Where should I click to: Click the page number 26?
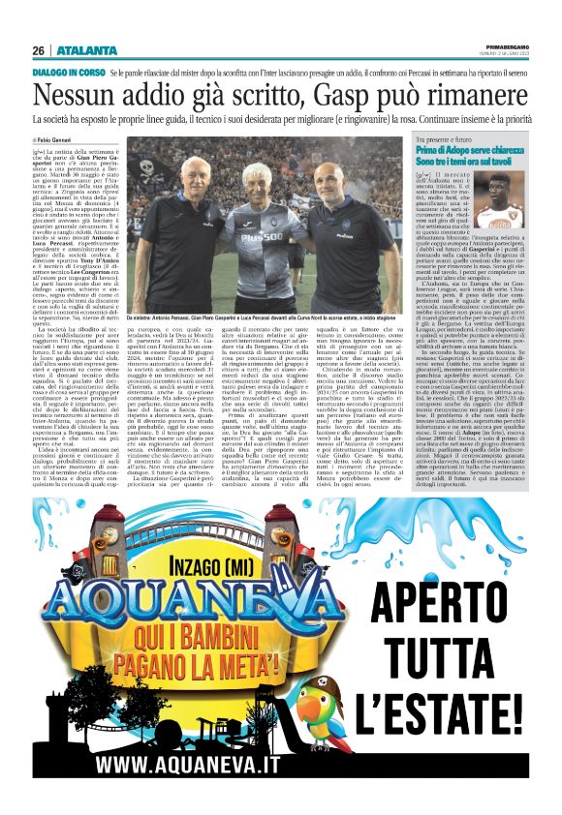[x=40, y=50]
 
